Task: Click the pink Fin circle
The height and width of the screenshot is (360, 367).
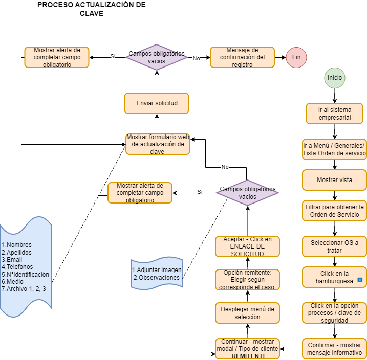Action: pos(296,57)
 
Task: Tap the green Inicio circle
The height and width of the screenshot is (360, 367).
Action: pos(335,78)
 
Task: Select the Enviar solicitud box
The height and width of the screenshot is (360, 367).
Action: pos(157,103)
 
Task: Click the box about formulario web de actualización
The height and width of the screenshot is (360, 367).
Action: pos(158,144)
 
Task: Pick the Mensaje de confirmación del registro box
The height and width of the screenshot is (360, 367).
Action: pos(242,57)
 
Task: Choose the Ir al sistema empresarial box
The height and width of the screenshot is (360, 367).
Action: pos(334,114)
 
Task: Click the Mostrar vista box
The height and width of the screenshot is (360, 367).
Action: pos(334,180)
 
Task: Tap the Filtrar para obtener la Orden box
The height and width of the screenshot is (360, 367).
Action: pos(334,211)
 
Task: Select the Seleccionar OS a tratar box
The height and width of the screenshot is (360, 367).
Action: pos(334,246)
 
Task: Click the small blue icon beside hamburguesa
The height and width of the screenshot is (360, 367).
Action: pos(360,280)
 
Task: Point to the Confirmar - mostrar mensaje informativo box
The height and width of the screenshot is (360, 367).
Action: pos(334,349)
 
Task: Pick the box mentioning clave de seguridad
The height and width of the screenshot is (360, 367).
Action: pos(334,313)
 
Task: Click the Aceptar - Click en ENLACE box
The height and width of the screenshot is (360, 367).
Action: pos(247,246)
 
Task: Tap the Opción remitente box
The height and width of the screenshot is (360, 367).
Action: pos(247,280)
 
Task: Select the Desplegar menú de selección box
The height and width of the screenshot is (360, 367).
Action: pos(247,313)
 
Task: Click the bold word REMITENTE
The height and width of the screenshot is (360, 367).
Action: pos(250,356)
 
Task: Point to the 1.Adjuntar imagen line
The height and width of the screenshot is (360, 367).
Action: pos(157,269)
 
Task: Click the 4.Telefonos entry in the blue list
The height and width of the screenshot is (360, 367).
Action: pos(17,266)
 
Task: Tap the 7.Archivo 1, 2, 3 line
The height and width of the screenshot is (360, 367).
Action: pos(24,289)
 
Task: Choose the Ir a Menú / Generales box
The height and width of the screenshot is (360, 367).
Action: pos(334,149)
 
